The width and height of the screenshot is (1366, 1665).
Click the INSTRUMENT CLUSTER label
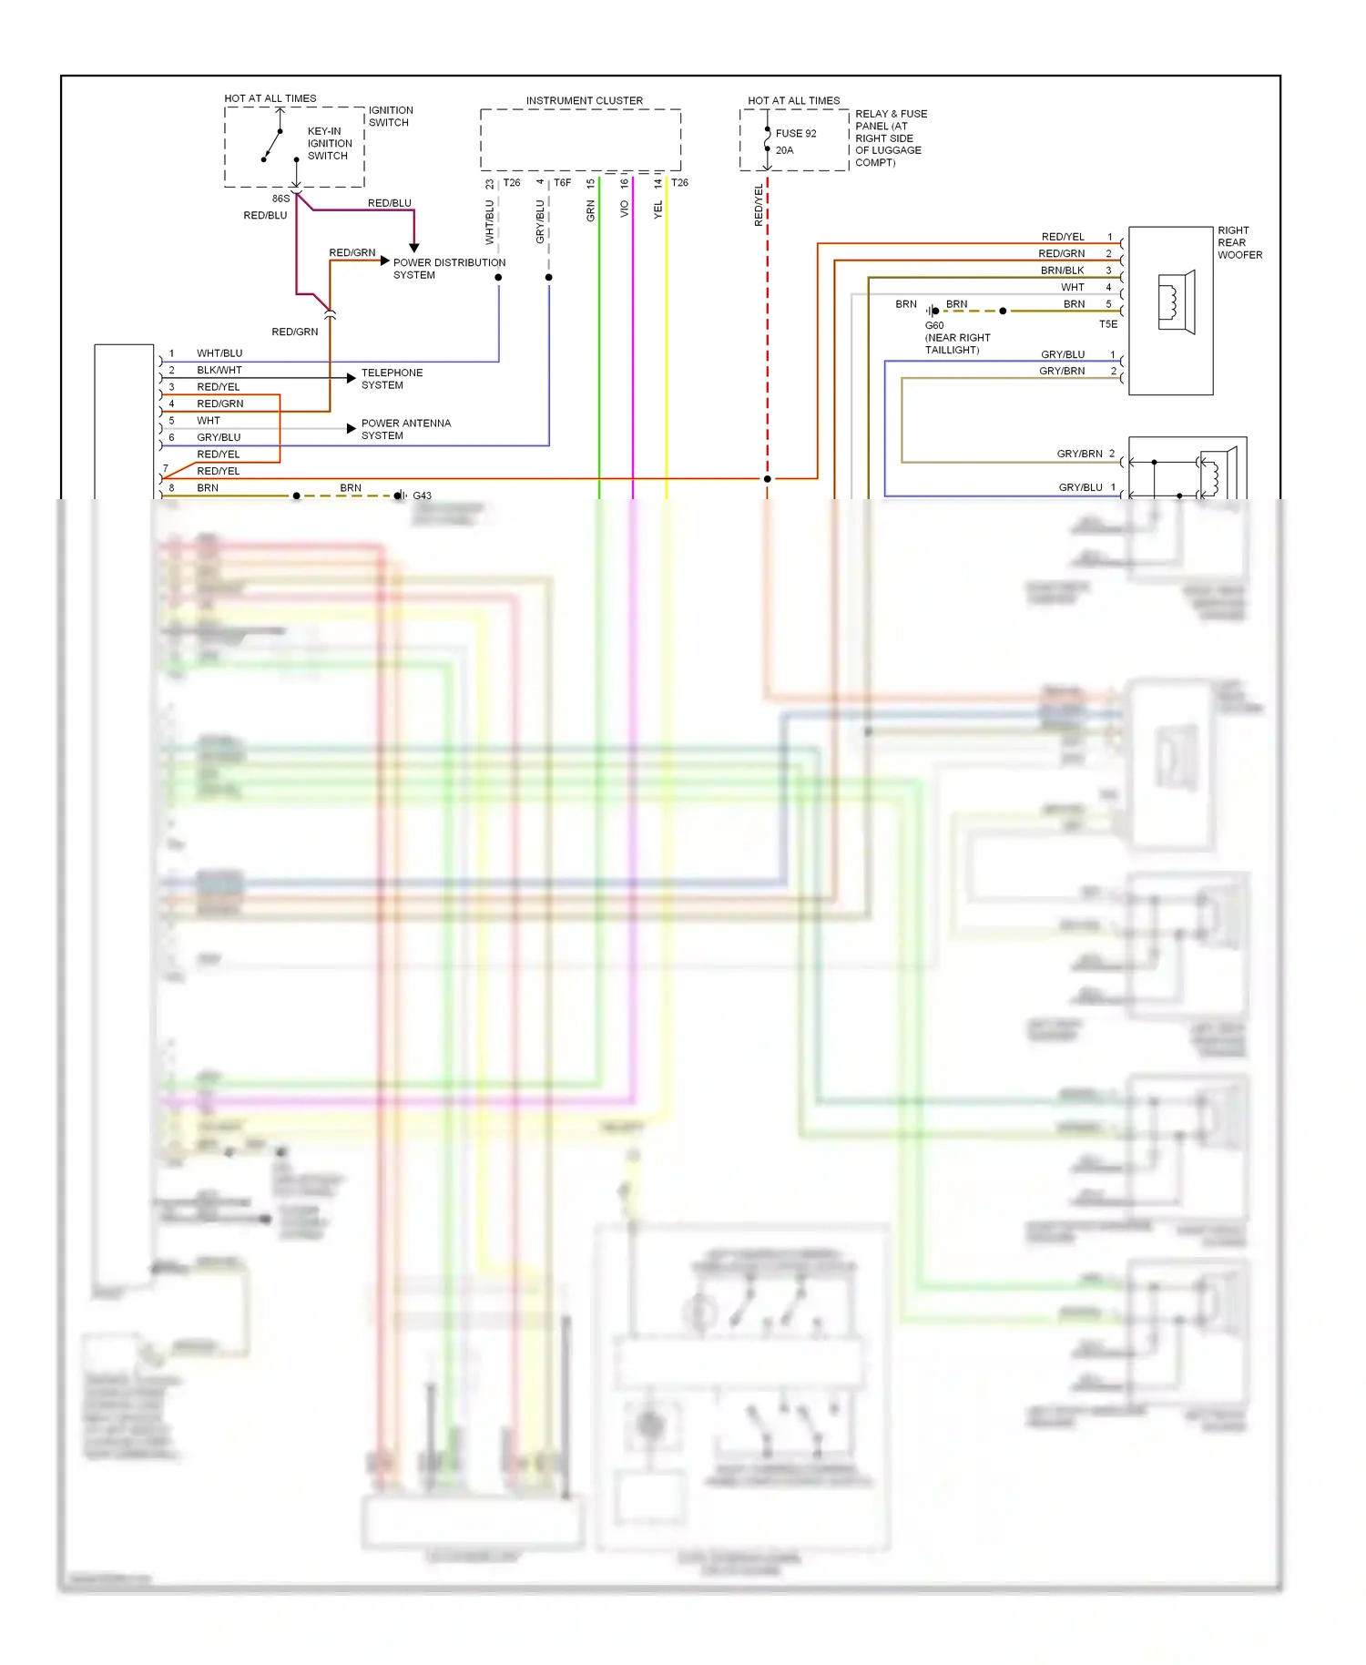(x=584, y=101)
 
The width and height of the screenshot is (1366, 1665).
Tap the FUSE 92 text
(x=796, y=134)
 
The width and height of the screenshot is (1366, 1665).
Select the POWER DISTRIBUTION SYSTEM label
(x=449, y=269)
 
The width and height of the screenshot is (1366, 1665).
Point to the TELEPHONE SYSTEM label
(x=392, y=379)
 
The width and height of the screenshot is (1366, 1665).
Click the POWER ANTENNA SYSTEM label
(x=405, y=429)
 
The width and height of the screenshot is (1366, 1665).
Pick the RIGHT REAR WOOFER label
(x=1239, y=243)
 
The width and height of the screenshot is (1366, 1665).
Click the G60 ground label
(x=934, y=325)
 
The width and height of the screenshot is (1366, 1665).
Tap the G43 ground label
(x=422, y=496)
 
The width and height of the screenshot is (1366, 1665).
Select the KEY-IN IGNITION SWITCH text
(x=329, y=144)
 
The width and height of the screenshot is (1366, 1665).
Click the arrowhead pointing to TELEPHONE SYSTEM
(x=352, y=378)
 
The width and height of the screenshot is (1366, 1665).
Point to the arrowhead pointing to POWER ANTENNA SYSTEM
(x=352, y=428)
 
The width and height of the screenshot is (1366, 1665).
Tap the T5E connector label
(x=1107, y=324)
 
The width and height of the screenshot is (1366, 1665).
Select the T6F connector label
(x=562, y=183)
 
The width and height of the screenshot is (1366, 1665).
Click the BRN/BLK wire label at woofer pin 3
(x=1062, y=271)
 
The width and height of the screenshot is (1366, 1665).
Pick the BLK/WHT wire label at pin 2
(x=219, y=371)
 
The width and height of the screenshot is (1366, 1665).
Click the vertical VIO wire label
(x=625, y=209)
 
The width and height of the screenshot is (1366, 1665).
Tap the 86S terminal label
(x=280, y=199)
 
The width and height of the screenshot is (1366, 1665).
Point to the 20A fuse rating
(x=784, y=151)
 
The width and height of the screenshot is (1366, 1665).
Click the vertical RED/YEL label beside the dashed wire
(x=759, y=205)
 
